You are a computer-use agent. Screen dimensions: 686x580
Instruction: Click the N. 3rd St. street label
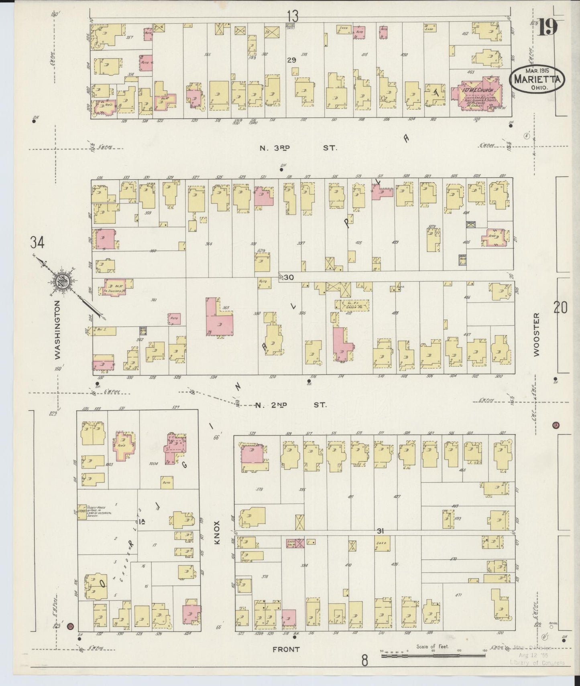tap(297, 148)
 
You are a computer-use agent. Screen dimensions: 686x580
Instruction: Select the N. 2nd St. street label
tap(291, 405)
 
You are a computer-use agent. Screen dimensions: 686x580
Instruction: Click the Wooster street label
tap(536, 334)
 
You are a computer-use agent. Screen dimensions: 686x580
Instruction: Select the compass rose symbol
tap(64, 283)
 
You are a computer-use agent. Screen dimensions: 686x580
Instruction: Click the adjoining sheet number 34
tap(37, 242)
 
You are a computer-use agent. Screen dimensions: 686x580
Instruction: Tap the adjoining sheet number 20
tap(561, 308)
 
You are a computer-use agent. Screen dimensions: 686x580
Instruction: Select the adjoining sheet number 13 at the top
tap(293, 16)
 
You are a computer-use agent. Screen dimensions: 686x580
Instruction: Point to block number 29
tap(291, 60)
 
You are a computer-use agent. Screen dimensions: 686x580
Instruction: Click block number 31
tap(381, 531)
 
